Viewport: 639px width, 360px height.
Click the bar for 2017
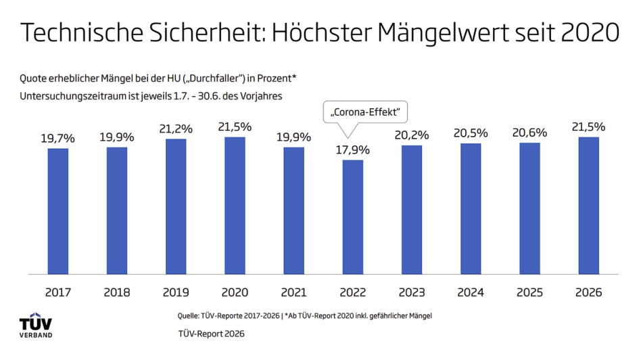(x=57, y=211)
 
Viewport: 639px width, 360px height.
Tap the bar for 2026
(x=588, y=206)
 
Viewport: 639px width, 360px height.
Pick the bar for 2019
(x=175, y=206)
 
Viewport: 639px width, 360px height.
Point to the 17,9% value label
(x=352, y=150)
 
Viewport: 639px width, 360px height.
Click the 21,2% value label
(x=175, y=129)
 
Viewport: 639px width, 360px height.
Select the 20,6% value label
(x=529, y=133)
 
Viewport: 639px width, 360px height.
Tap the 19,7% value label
(x=57, y=138)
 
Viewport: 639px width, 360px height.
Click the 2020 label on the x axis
(x=234, y=293)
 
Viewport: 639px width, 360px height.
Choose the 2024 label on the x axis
(x=471, y=293)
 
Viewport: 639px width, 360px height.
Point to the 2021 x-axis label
(x=293, y=293)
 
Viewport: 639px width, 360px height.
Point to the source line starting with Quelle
(x=303, y=316)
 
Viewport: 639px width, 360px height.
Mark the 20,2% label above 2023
(x=411, y=135)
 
